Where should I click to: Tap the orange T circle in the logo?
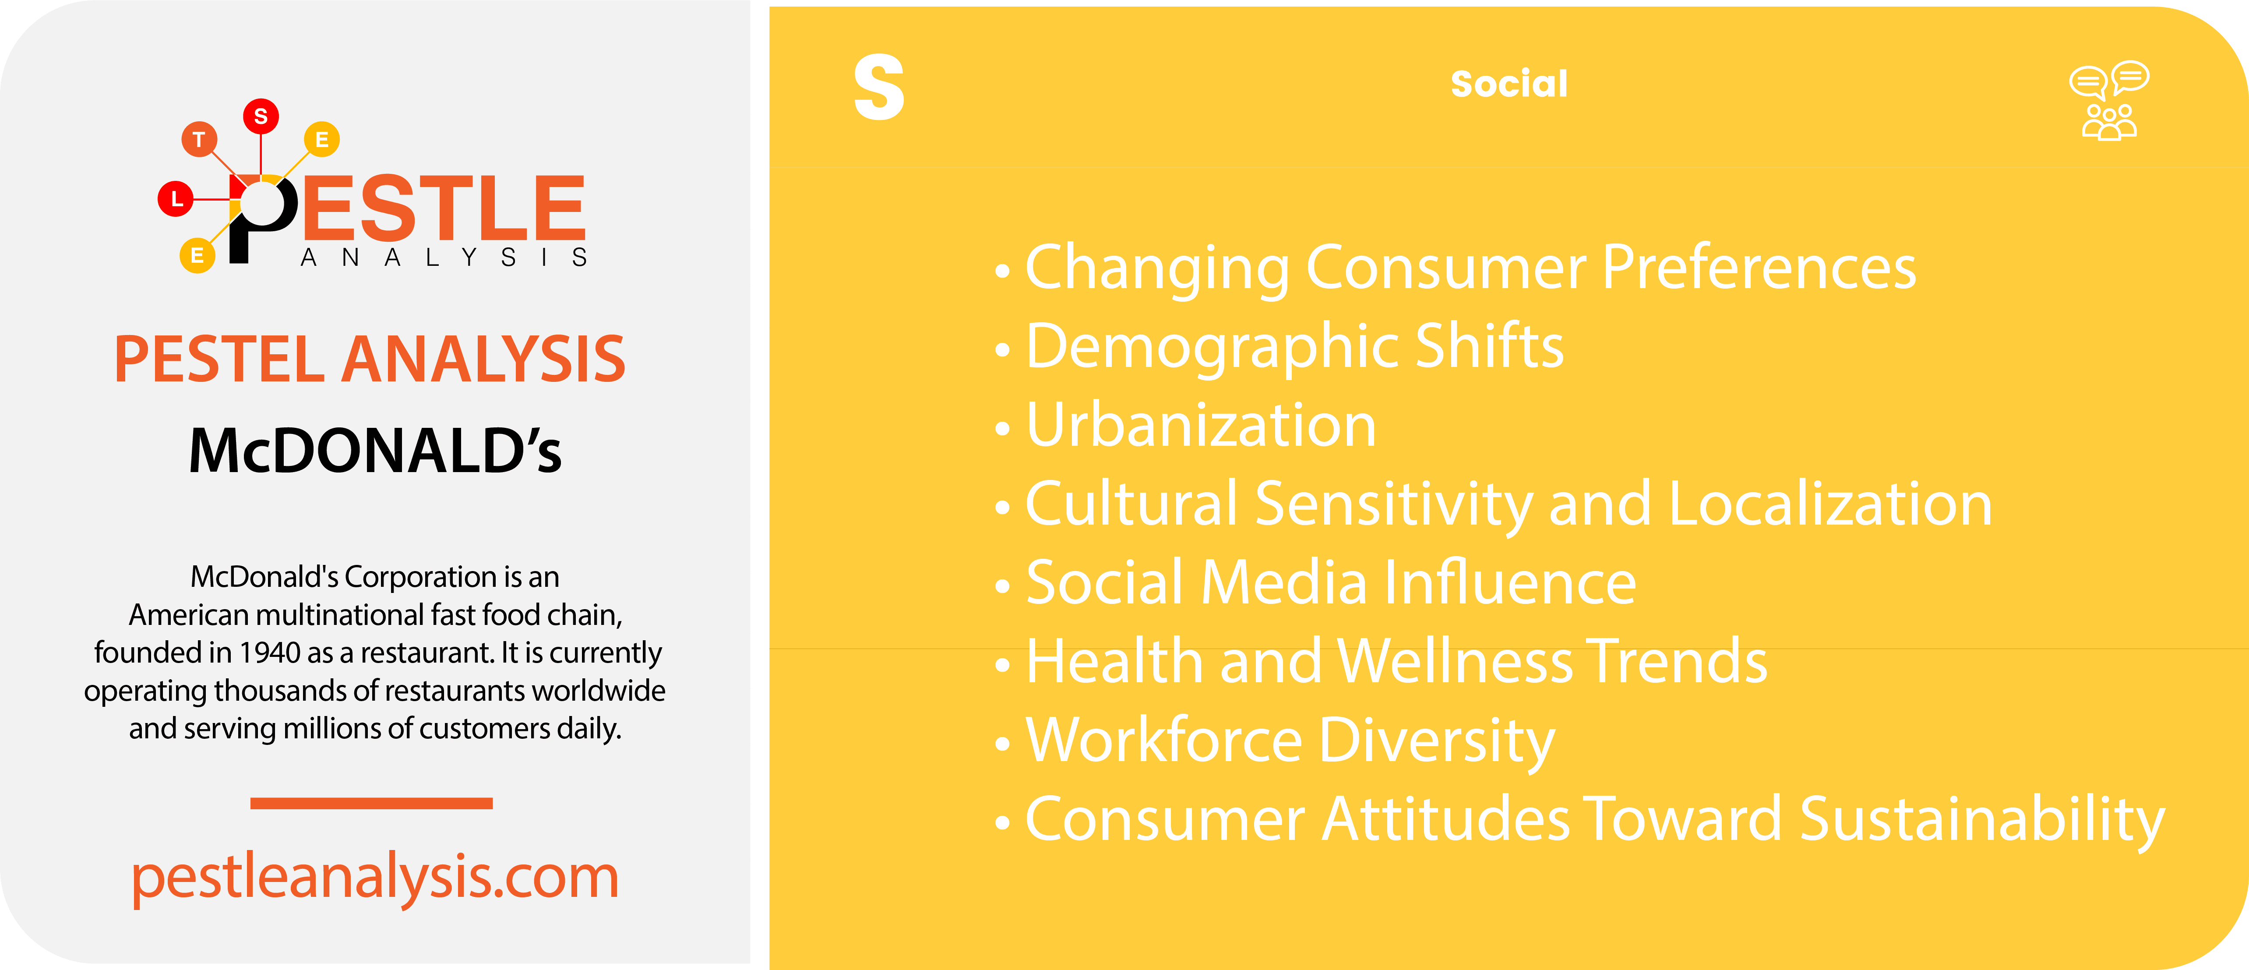point(199,139)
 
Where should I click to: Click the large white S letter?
point(878,87)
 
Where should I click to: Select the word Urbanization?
point(1200,425)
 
